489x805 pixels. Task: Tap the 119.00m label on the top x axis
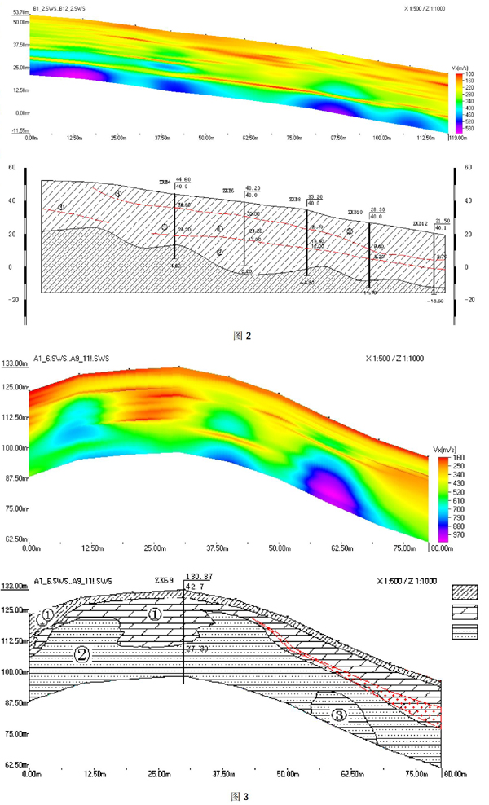tap(458, 139)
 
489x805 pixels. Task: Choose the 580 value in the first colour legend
tap(461, 128)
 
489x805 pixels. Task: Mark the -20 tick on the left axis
tap(12, 299)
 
